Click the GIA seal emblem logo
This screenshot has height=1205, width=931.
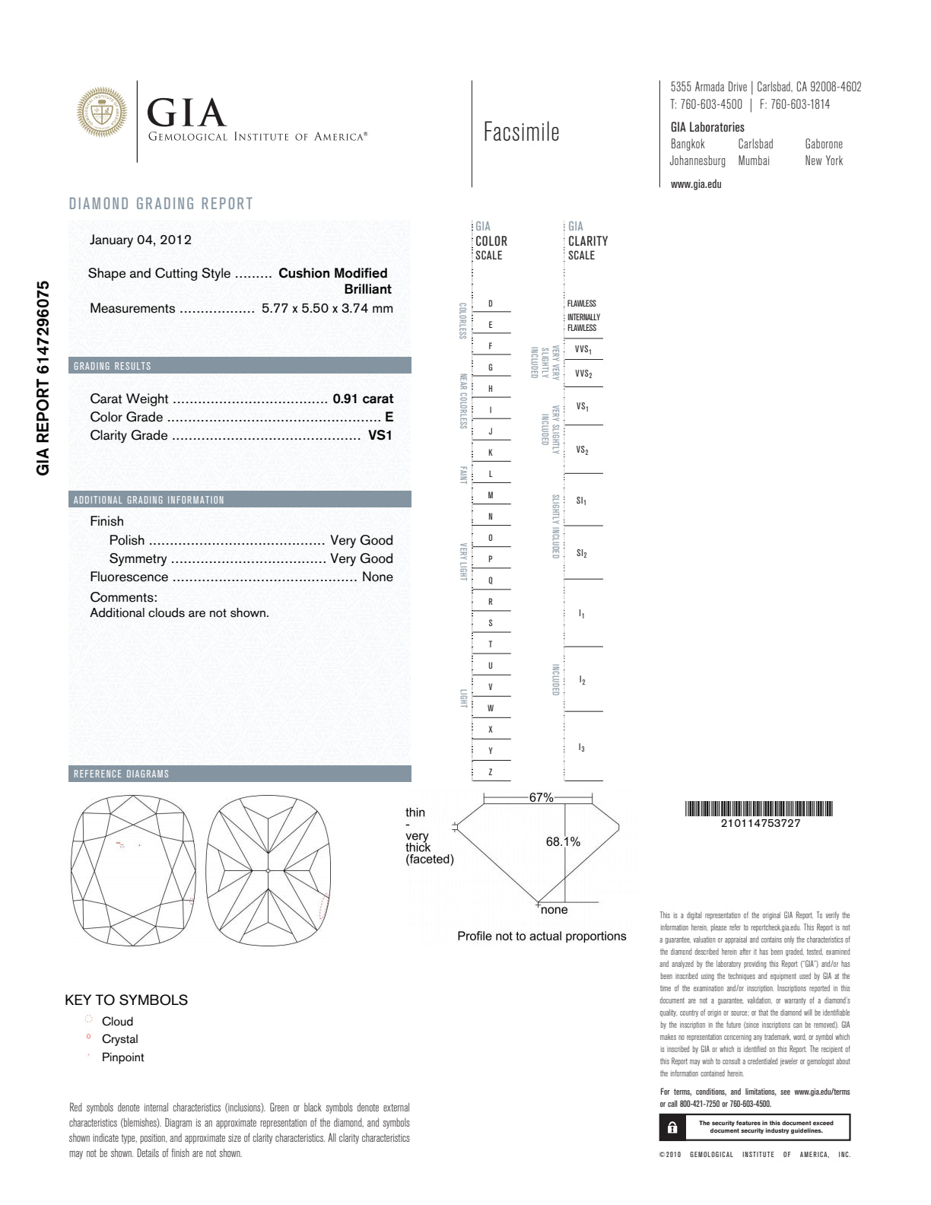(x=102, y=113)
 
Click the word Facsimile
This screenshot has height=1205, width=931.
(x=521, y=132)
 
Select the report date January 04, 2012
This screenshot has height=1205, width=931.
(x=141, y=240)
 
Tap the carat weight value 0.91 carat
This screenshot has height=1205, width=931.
(x=363, y=399)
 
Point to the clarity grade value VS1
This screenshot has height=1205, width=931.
(x=380, y=435)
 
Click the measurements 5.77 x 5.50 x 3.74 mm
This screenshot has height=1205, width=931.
(x=327, y=308)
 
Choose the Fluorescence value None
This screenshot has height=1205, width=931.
(x=377, y=577)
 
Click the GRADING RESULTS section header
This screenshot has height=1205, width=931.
(x=113, y=366)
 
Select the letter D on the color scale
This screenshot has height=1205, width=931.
(x=491, y=304)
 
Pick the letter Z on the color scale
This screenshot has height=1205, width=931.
(x=491, y=772)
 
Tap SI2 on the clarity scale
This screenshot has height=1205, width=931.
(x=582, y=554)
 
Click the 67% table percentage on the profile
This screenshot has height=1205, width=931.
(x=541, y=797)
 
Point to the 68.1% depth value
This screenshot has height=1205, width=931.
(x=563, y=841)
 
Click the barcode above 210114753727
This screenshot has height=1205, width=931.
(x=759, y=809)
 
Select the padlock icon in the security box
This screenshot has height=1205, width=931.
(x=672, y=1127)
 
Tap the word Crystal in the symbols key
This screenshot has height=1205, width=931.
(x=120, y=1039)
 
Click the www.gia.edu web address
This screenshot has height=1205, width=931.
(x=696, y=184)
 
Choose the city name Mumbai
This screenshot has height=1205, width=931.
(x=754, y=161)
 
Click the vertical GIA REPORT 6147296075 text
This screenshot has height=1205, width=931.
(x=43, y=378)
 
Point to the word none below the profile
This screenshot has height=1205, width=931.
(x=554, y=910)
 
